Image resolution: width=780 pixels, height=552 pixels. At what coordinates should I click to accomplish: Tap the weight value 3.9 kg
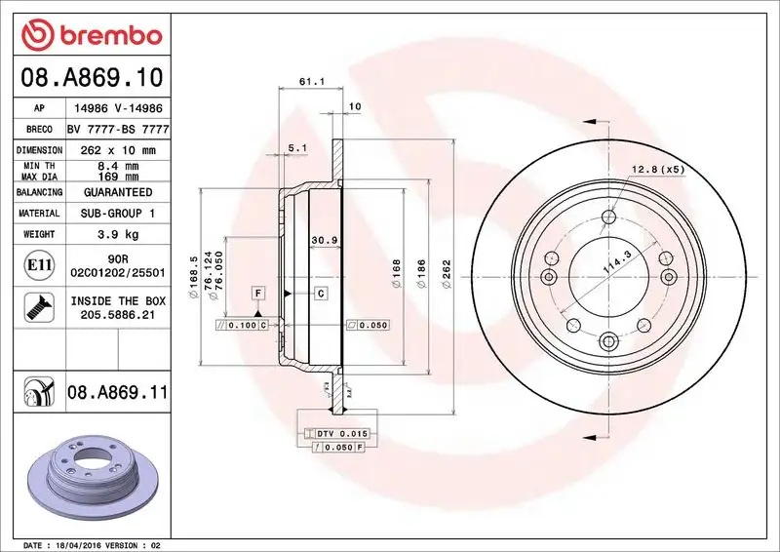pyautogui.click(x=118, y=234)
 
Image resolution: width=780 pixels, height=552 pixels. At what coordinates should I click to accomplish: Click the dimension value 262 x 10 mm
pyautogui.click(x=118, y=150)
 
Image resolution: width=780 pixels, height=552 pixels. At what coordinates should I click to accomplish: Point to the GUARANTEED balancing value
pyautogui.click(x=118, y=192)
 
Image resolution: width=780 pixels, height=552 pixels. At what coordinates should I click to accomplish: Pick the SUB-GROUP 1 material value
pyautogui.click(x=118, y=213)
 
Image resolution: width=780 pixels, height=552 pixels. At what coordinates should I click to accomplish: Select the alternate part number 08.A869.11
pyautogui.click(x=118, y=393)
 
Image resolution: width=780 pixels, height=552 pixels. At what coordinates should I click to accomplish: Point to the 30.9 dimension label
pyautogui.click(x=323, y=240)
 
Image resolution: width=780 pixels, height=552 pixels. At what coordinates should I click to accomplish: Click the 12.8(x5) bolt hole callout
pyautogui.click(x=659, y=170)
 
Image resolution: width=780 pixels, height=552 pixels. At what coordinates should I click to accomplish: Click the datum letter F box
pyautogui.click(x=258, y=293)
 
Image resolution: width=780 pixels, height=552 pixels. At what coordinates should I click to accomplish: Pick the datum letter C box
pyautogui.click(x=320, y=293)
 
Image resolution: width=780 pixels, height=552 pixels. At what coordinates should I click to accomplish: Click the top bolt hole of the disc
pyautogui.click(x=610, y=217)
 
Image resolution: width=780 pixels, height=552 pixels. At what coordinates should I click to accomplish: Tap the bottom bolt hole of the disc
pyautogui.click(x=610, y=340)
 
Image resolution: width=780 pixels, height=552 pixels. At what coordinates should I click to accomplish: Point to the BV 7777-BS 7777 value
pyautogui.click(x=118, y=130)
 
